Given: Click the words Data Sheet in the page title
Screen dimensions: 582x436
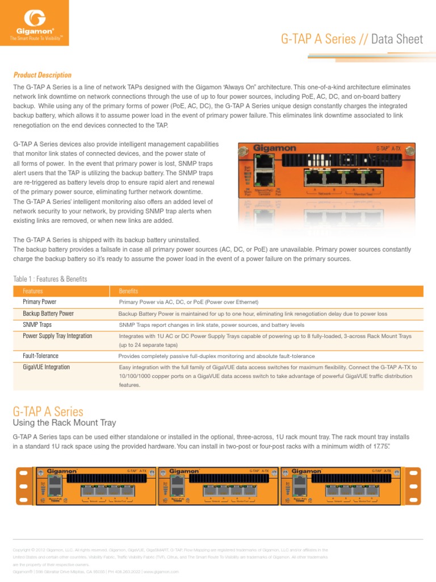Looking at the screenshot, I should (x=397, y=39).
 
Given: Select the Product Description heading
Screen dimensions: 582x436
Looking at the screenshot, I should (x=43, y=75).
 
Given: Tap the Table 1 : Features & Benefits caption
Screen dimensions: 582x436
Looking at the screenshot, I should (x=50, y=278).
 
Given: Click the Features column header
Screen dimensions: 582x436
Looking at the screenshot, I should (x=33, y=291).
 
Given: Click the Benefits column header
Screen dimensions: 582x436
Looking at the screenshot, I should (x=128, y=291).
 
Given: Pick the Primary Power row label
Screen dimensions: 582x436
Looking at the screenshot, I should (x=40, y=302).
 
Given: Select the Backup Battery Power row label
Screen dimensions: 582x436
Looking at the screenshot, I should (x=48, y=314).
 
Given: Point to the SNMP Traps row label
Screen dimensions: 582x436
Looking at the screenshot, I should (x=37, y=325).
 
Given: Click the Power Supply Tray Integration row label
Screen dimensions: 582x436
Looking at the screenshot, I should (x=57, y=336).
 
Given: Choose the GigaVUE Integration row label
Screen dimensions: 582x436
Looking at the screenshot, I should (x=47, y=367).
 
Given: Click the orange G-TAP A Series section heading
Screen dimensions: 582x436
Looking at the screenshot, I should (x=48, y=411).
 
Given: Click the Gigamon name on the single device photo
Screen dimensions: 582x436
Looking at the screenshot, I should (x=274, y=148).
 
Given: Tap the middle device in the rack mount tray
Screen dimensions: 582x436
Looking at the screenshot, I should (x=219, y=486).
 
